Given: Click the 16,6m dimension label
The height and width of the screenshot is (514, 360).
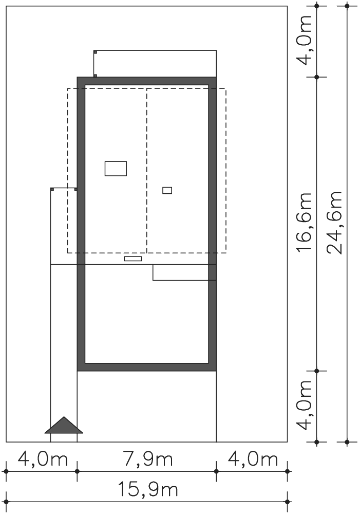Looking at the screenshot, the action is click(304, 222).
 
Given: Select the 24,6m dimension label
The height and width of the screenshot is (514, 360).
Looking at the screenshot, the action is click(334, 223).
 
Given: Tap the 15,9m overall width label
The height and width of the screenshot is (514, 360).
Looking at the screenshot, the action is click(147, 490).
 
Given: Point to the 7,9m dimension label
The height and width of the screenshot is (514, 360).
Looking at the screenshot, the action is click(148, 460).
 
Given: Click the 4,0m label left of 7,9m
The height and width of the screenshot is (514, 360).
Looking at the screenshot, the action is click(43, 460).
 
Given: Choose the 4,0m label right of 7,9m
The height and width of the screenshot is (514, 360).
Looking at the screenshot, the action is click(253, 460).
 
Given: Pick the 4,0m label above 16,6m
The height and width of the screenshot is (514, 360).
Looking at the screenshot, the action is click(304, 41).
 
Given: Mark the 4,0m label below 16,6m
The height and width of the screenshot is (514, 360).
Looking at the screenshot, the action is click(304, 405).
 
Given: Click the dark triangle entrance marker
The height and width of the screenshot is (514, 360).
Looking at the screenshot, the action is click(64, 426).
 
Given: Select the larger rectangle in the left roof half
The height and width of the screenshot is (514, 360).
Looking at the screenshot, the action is click(116, 169).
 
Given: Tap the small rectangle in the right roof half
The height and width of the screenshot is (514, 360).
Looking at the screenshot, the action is click(167, 190).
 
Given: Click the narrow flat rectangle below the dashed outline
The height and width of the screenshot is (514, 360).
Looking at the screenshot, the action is click(133, 259).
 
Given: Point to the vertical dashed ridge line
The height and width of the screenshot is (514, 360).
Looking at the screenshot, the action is click(147, 171).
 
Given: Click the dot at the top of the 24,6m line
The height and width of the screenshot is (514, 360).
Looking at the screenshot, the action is click(347, 6).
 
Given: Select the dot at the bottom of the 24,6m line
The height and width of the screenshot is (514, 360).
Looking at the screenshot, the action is click(347, 442).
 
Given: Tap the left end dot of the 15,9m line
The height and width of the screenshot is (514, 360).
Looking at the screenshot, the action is click(6, 502).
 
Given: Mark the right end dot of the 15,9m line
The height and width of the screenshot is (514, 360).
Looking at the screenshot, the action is click(287, 502).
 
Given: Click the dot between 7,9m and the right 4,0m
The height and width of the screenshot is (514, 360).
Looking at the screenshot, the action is click(216, 471).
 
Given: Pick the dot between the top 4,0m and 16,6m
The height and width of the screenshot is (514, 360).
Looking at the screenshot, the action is click(317, 77).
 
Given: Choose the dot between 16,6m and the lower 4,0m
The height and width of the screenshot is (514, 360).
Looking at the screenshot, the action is click(317, 371).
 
